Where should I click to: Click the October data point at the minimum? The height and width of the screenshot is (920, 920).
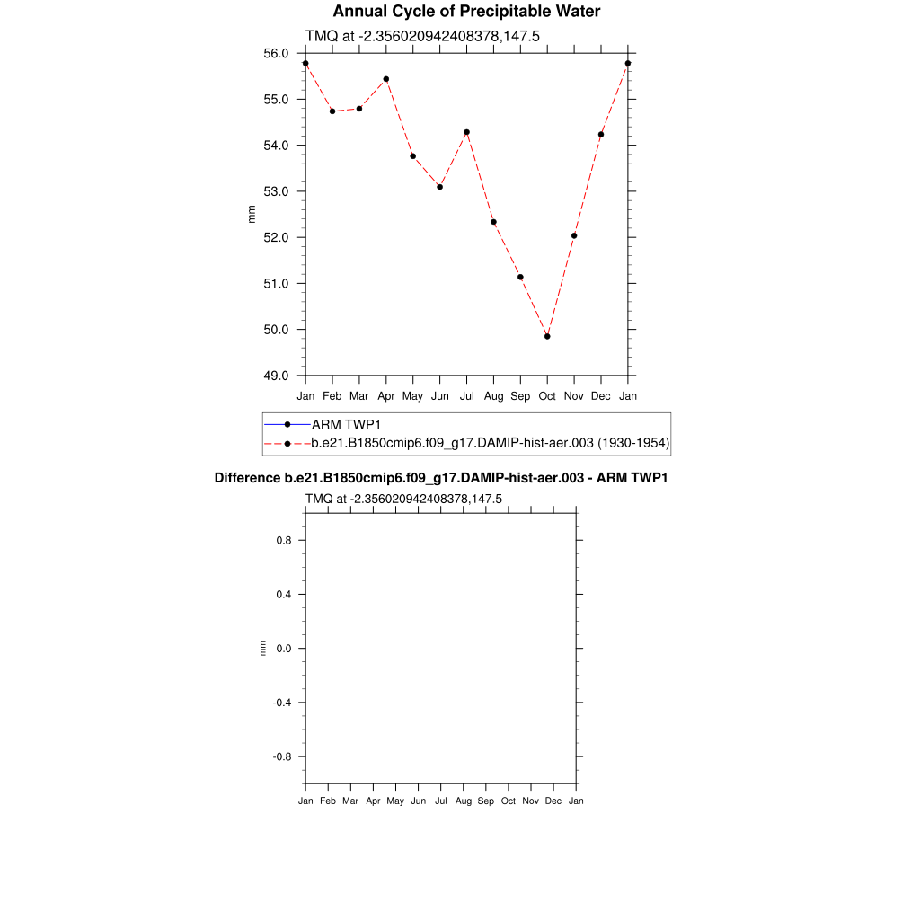(547, 336)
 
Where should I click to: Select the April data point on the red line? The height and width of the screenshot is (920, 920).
(386, 79)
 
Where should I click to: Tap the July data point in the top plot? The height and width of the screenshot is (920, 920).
(467, 132)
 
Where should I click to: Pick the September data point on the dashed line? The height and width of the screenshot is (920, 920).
(520, 277)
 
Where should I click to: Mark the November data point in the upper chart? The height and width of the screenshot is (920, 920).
(574, 235)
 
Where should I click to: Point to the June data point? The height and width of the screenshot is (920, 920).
(440, 187)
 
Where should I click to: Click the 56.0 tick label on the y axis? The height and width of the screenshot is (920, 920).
(276, 53)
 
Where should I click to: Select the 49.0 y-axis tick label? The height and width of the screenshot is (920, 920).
(276, 376)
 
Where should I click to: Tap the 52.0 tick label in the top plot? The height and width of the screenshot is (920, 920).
(276, 237)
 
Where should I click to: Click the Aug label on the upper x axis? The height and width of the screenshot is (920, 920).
(493, 396)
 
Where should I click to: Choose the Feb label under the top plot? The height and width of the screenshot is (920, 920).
(332, 396)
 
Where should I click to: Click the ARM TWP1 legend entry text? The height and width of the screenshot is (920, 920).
(347, 424)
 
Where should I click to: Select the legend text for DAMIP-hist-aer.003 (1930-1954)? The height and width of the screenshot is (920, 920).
(491, 443)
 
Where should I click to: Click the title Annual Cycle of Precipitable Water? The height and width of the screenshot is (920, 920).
(466, 12)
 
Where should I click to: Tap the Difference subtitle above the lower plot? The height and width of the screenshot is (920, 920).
(440, 478)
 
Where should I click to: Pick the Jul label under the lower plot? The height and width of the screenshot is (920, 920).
(440, 801)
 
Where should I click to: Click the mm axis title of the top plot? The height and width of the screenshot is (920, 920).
(252, 214)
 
